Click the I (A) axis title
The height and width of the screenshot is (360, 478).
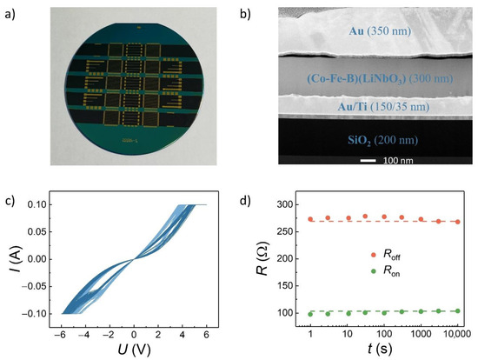[x=15, y=263]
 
